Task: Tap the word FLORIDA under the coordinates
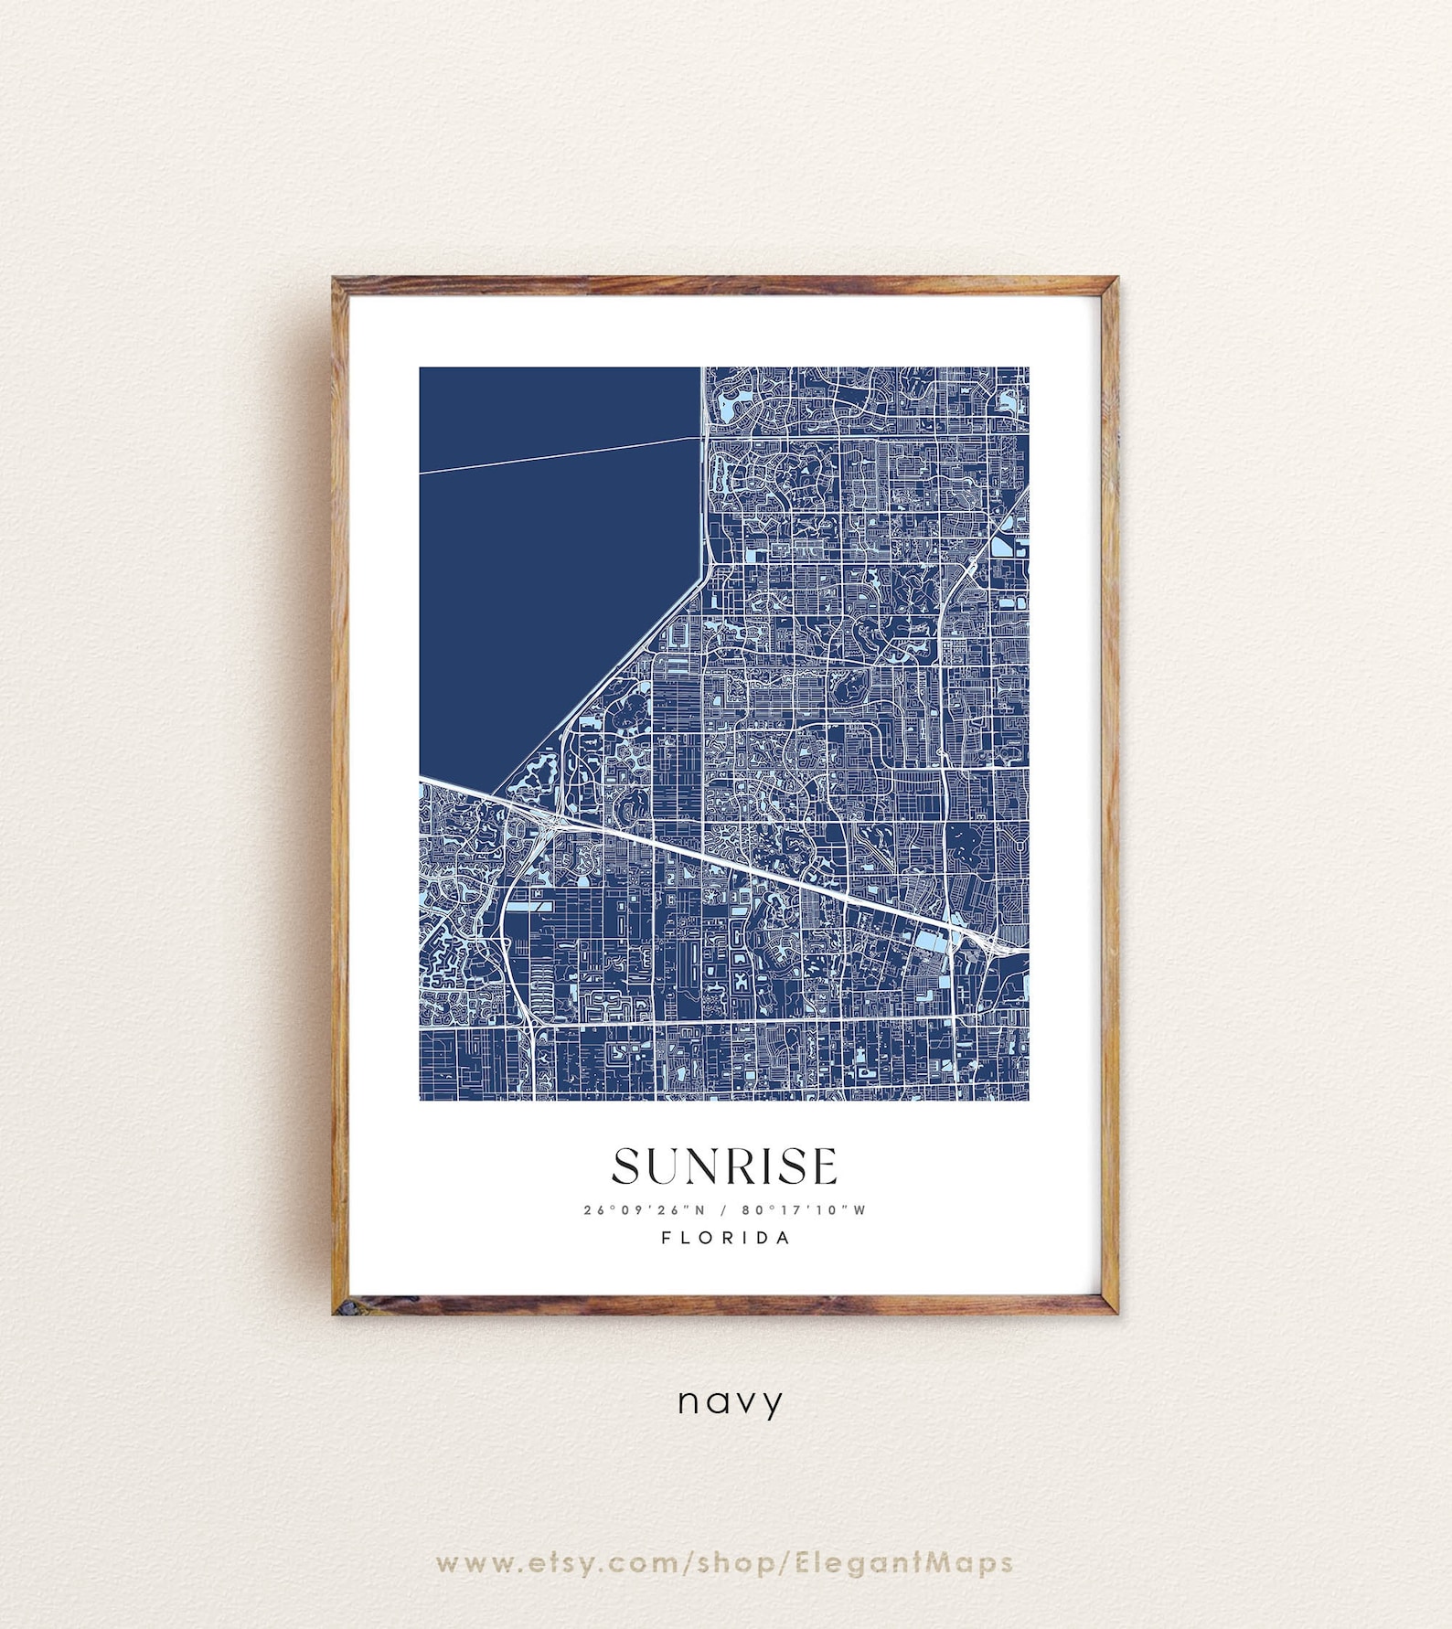click(x=726, y=1238)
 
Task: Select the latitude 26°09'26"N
click(x=645, y=1209)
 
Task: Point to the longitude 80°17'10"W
click(x=804, y=1209)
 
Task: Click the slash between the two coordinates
click(x=723, y=1209)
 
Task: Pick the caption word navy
click(x=730, y=1402)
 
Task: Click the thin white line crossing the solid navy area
click(x=560, y=455)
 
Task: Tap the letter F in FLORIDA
click(x=667, y=1238)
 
